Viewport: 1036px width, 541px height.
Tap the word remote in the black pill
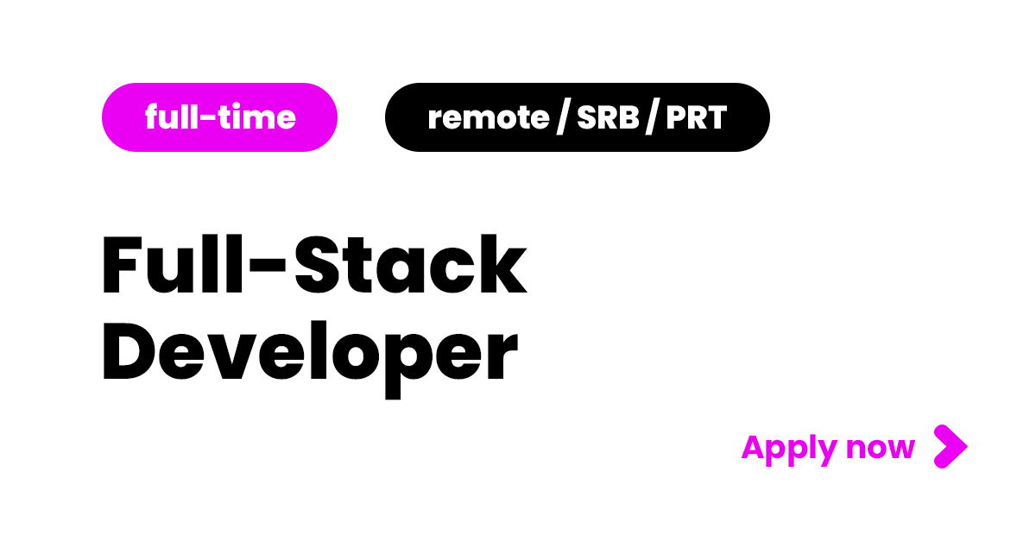tap(488, 117)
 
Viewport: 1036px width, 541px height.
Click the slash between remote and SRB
tap(562, 117)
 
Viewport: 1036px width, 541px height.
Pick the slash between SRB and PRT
tap(654, 117)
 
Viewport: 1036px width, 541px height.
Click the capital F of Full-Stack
tap(122, 266)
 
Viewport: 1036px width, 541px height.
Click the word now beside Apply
tap(880, 449)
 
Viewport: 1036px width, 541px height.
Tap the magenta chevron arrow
tap(951, 446)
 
